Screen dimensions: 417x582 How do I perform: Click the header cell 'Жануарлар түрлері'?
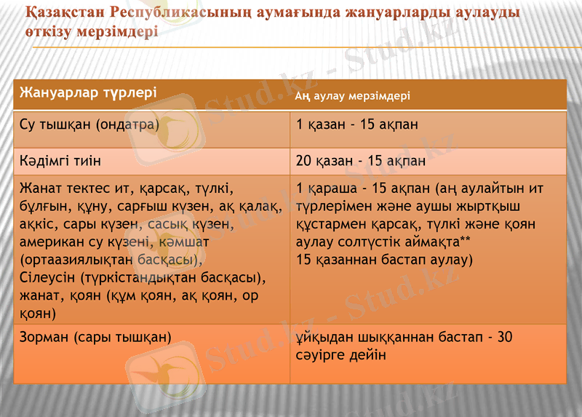coord(88,93)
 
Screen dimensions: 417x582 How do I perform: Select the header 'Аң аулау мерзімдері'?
coord(353,95)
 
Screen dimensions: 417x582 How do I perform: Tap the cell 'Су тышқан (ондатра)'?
coord(89,124)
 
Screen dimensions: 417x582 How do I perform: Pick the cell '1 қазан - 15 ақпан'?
coord(357,124)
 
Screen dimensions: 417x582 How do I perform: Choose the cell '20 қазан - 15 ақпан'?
coord(361,160)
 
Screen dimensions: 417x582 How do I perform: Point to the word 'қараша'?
coord(330,188)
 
